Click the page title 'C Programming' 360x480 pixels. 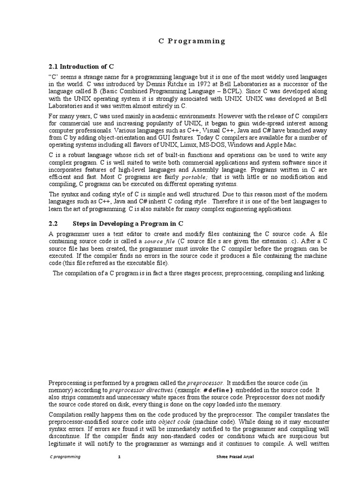point(190,41)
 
